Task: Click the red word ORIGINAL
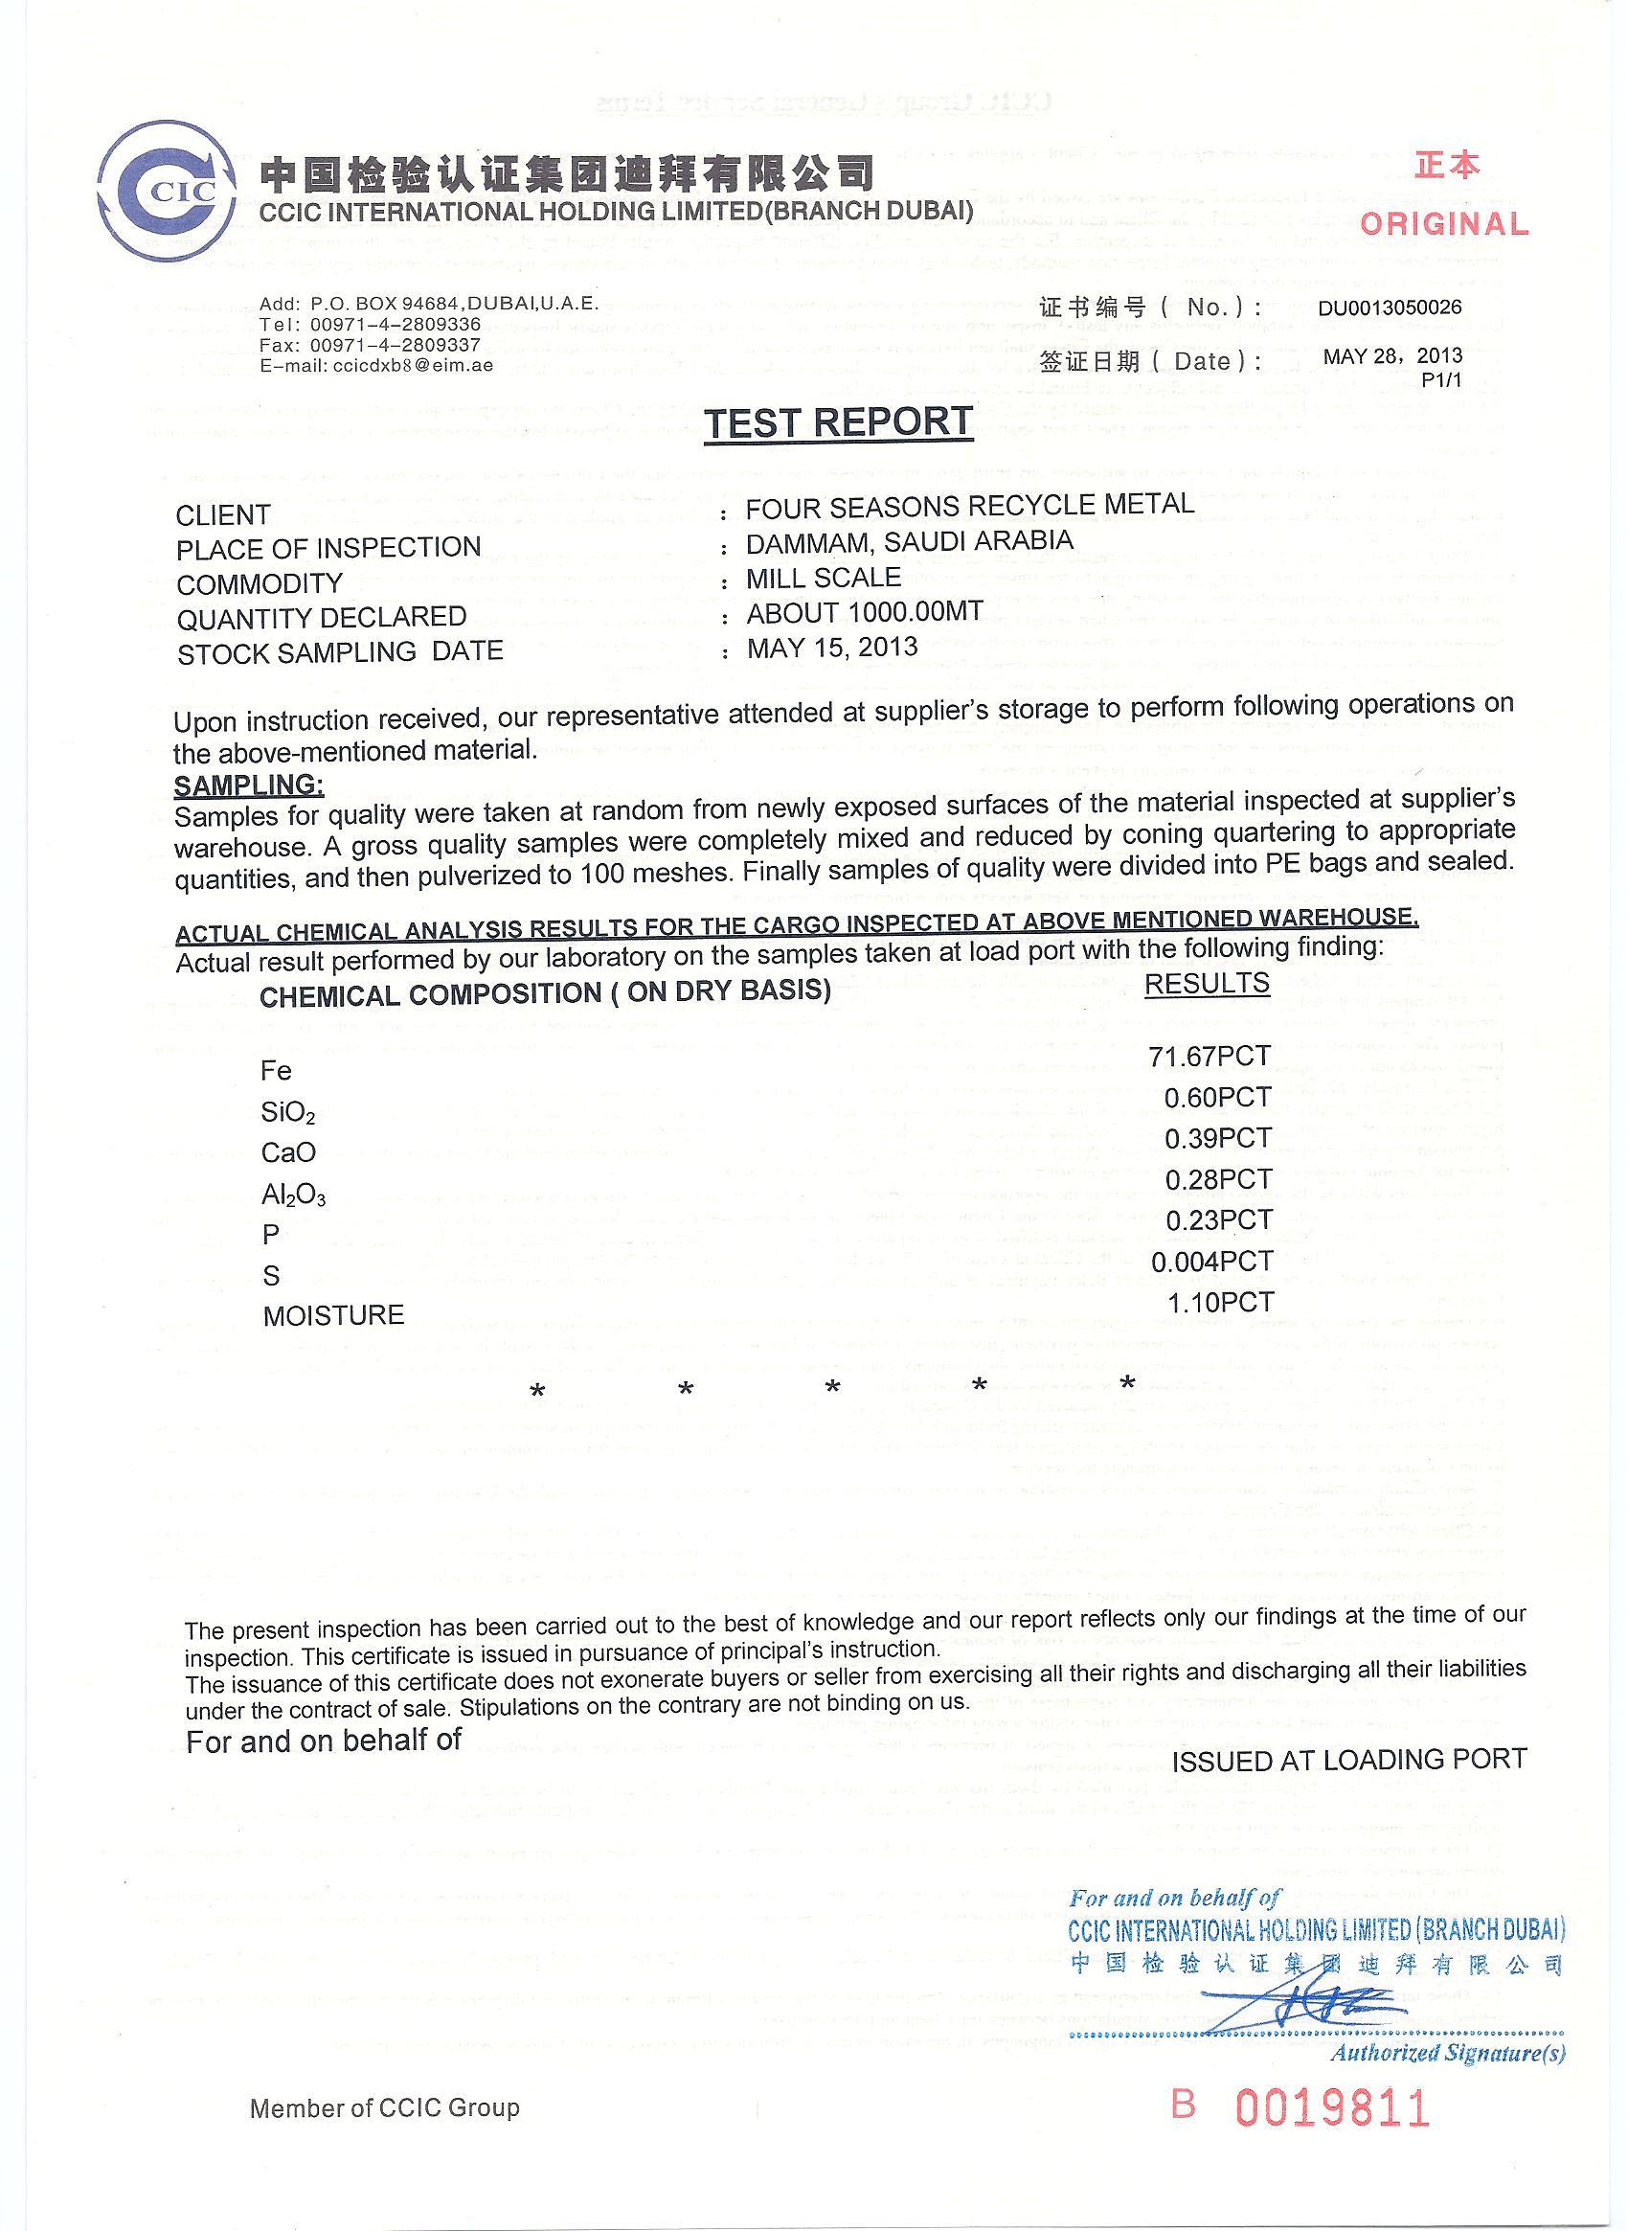tap(1445, 224)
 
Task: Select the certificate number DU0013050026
tap(1390, 307)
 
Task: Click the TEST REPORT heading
tap(839, 421)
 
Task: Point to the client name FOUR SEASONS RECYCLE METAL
tap(970, 506)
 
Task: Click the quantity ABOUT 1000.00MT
tap(864, 612)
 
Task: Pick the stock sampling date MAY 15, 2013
tap(832, 648)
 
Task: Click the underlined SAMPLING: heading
tap(248, 785)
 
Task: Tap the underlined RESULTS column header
tap(1207, 983)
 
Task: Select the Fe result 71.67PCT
tap(1210, 1057)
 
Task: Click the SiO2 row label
tap(287, 1113)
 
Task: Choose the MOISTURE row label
tap(333, 1315)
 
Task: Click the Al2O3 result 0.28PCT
tap(1218, 1179)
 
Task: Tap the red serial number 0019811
tap(1331, 2108)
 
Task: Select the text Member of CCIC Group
tap(384, 2108)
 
